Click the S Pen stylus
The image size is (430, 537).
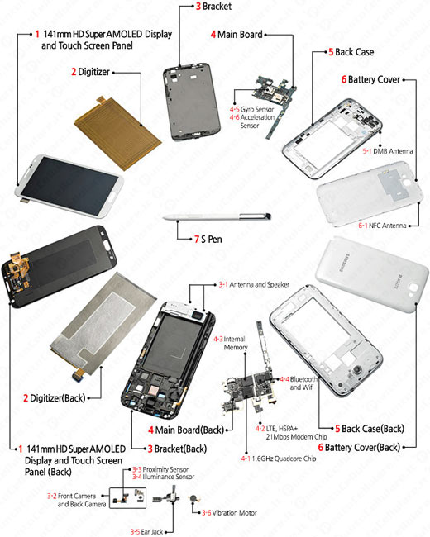click(217, 216)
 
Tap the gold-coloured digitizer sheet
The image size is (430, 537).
click(117, 134)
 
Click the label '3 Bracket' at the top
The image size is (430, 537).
click(213, 6)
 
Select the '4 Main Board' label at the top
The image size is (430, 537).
click(236, 34)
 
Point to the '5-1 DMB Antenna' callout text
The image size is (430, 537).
click(388, 151)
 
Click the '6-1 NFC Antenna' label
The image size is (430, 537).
click(382, 226)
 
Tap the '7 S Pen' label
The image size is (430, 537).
click(208, 239)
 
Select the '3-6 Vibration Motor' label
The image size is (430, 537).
click(229, 513)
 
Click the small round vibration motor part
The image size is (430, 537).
click(194, 499)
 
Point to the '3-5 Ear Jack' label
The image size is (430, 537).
click(146, 531)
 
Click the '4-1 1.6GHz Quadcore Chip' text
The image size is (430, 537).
click(278, 459)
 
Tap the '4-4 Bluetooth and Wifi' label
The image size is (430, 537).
click(299, 383)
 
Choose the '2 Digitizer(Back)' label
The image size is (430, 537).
click(55, 398)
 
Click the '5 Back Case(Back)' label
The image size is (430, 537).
click(370, 429)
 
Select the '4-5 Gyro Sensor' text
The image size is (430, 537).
click(251, 109)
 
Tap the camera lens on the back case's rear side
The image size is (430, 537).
click(357, 369)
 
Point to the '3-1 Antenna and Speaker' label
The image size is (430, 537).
click(254, 284)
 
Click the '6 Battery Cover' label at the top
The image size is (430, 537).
click(370, 79)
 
